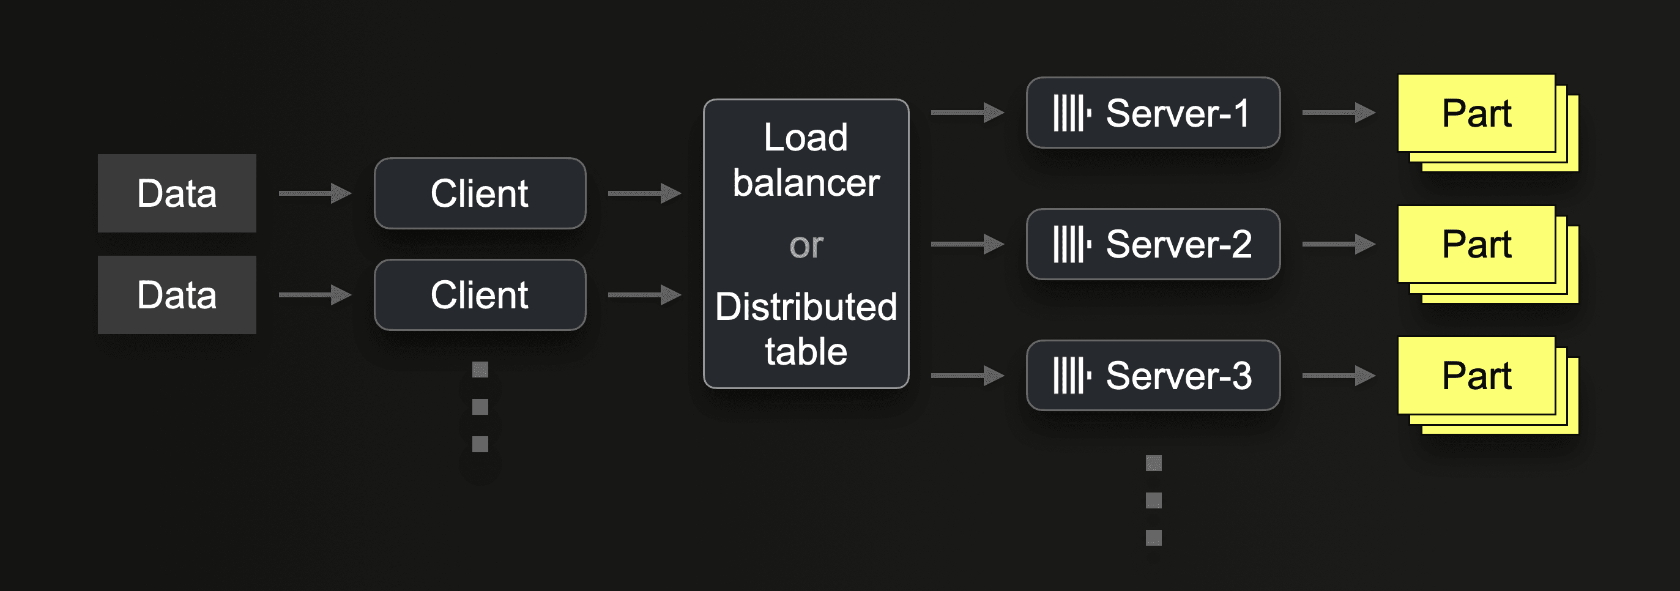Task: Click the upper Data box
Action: coord(177,193)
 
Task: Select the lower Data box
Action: coord(177,295)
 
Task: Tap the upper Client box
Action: coord(480,193)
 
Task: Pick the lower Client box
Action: coord(480,295)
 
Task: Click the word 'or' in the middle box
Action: coord(806,246)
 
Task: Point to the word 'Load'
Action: coord(806,138)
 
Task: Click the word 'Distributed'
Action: coord(806,307)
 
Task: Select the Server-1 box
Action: coord(1153,113)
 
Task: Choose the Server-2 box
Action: coord(1153,244)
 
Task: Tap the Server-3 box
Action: coord(1153,375)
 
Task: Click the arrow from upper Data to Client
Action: coord(315,193)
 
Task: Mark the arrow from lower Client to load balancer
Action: coord(644,295)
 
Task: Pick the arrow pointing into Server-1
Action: coord(967,113)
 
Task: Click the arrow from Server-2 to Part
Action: coord(1338,244)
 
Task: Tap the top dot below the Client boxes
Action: coord(480,370)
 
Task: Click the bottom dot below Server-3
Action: coord(1153,538)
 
